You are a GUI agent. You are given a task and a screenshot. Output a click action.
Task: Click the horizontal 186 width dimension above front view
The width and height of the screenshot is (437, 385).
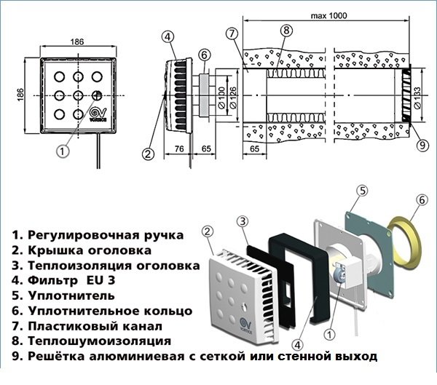click(x=76, y=42)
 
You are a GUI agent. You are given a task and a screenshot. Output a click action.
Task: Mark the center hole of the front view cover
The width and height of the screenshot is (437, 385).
click(x=76, y=94)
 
